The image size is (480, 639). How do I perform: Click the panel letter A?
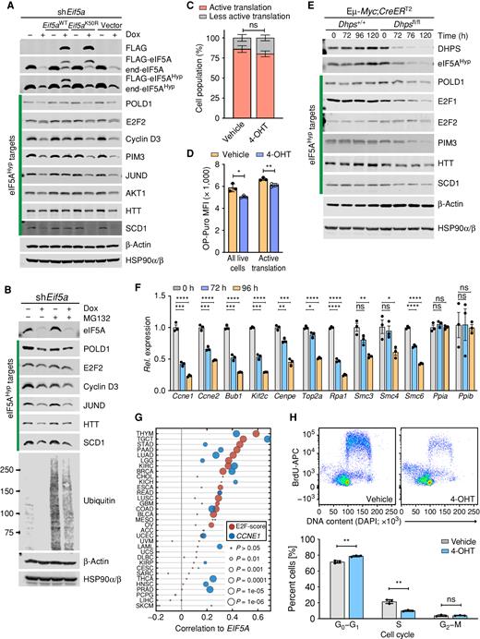(x=6, y=6)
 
